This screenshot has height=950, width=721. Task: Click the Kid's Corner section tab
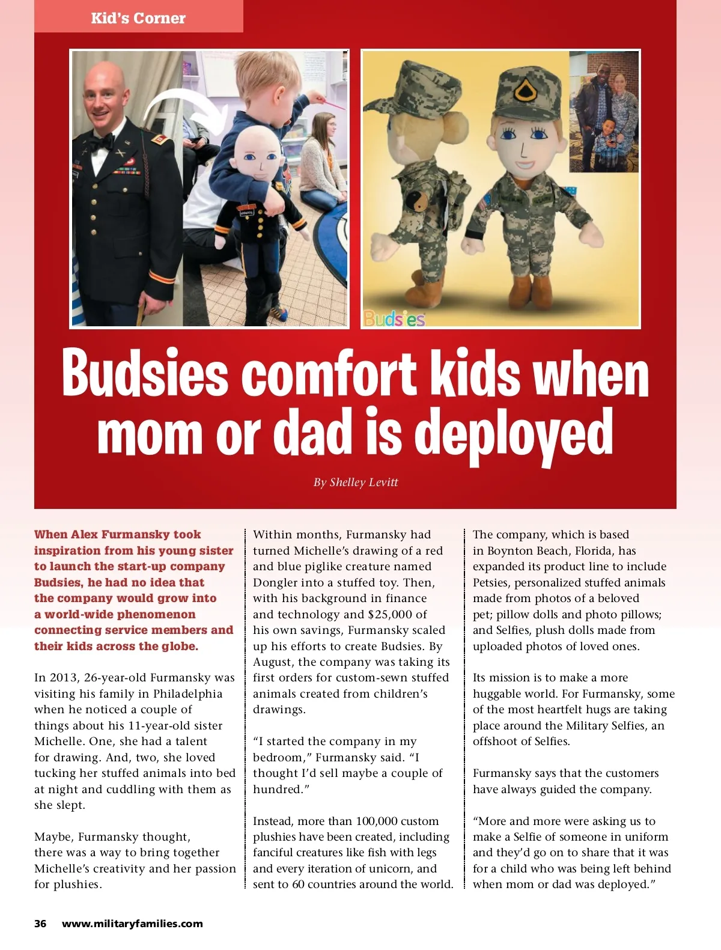click(x=138, y=18)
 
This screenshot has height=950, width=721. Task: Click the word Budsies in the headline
click(x=145, y=373)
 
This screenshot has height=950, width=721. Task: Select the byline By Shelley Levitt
click(x=356, y=483)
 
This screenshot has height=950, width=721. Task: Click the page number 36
click(x=40, y=924)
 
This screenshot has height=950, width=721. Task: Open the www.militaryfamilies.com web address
click(x=132, y=924)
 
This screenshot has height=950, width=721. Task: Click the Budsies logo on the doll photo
click(x=394, y=318)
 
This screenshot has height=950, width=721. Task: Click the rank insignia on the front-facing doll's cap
click(x=522, y=92)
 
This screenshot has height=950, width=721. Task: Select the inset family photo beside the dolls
click(x=604, y=112)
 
